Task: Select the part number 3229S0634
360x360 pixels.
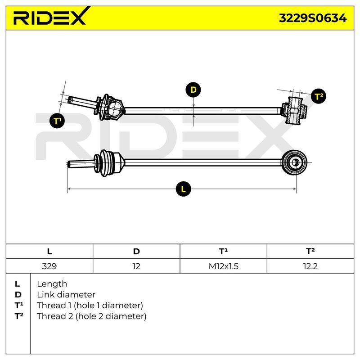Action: [x=312, y=18]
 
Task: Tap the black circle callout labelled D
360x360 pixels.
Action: [x=193, y=90]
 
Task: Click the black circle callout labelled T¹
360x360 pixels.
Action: [x=57, y=121]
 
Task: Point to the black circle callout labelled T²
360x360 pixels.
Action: [x=319, y=96]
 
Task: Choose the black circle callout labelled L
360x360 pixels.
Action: [x=183, y=189]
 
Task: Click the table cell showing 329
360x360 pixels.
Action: [x=49, y=266]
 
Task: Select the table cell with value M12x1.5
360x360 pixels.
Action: [x=223, y=266]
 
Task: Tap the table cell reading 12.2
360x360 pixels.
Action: [x=310, y=266]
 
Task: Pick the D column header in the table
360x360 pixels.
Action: [x=136, y=252]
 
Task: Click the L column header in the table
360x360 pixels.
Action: [x=49, y=252]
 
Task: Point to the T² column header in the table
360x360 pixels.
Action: [x=310, y=252]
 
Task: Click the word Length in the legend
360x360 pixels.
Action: [x=52, y=284]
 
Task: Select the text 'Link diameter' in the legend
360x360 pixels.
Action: [x=66, y=295]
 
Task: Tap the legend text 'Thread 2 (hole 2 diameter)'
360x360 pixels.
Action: [x=91, y=316]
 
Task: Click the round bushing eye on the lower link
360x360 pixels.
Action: [x=295, y=163]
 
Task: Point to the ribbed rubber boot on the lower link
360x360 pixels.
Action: [x=108, y=163]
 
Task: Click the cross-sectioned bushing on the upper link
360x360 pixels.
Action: [x=295, y=110]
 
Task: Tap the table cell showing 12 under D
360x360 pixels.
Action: [x=136, y=266]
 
